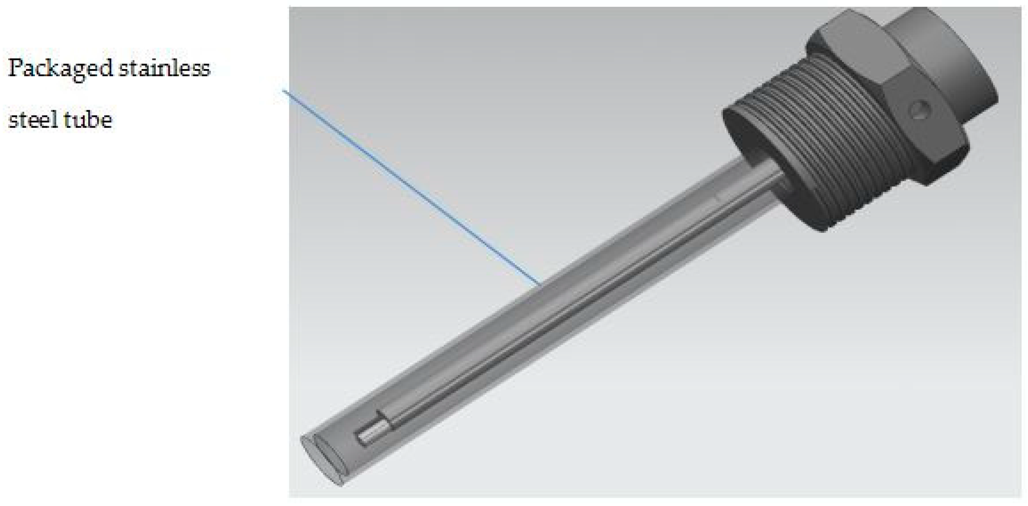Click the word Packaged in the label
60,69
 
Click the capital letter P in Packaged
15,68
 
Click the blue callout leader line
411,188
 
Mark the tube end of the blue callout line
540,285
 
